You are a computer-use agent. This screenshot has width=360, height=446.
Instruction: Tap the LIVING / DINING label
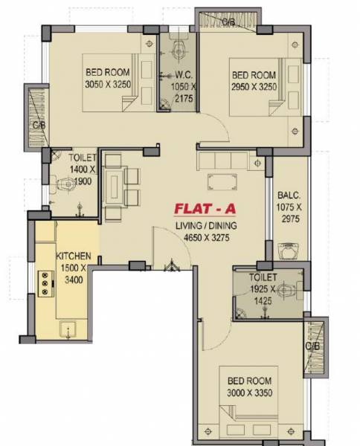click(206, 226)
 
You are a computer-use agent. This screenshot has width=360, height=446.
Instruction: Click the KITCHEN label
click(74, 255)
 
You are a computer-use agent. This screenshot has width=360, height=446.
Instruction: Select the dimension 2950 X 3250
click(254, 86)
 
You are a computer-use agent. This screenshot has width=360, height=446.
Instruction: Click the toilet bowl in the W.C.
click(178, 51)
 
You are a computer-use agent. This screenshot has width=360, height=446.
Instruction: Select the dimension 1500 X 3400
click(74, 274)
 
